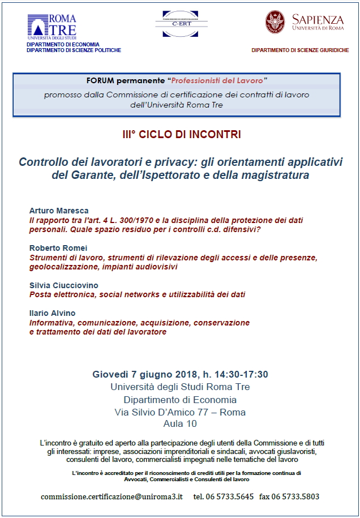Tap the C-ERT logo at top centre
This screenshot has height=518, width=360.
(181, 23)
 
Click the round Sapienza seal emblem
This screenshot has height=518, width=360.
(275, 22)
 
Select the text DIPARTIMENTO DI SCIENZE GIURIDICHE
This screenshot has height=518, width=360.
(300, 50)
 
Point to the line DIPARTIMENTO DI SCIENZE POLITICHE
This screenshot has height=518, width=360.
(74, 50)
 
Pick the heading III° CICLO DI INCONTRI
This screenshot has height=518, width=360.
(181, 135)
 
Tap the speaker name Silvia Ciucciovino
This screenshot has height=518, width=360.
(63, 285)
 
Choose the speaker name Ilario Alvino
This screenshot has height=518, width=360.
(53, 313)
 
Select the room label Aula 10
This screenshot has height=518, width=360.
(180, 423)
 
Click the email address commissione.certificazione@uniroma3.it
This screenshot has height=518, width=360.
(112, 496)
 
